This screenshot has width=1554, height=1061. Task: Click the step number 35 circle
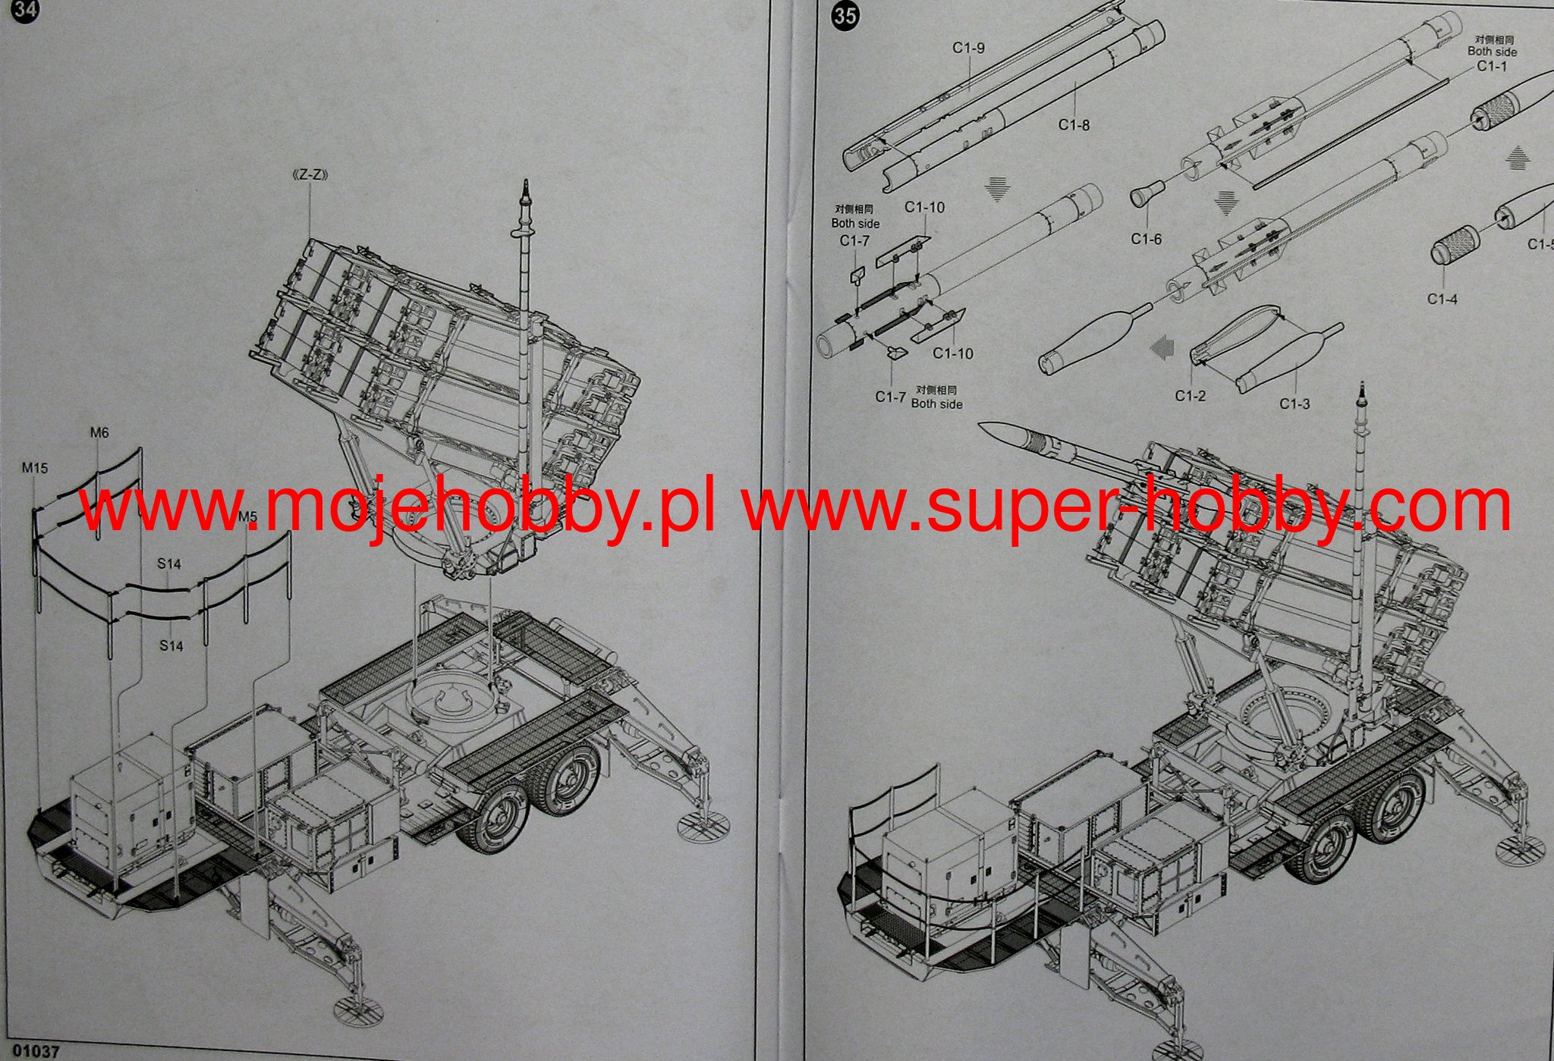tap(845, 15)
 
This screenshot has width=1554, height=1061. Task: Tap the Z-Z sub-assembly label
tap(310, 175)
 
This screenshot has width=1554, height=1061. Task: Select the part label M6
tap(99, 432)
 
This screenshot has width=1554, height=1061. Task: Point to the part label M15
tap(35, 468)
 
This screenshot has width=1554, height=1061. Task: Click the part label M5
tap(247, 517)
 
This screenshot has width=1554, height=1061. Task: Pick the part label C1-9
tap(968, 48)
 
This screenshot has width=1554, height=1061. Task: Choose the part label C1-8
tap(1074, 124)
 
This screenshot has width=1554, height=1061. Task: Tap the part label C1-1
tap(1491, 66)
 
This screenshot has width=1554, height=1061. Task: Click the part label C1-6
tap(1146, 239)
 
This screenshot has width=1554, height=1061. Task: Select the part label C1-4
tap(1442, 299)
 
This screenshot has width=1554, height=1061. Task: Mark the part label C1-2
tap(1190, 395)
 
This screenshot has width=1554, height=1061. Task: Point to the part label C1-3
tap(1294, 403)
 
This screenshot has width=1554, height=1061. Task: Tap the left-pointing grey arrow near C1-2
tap(1161, 348)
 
